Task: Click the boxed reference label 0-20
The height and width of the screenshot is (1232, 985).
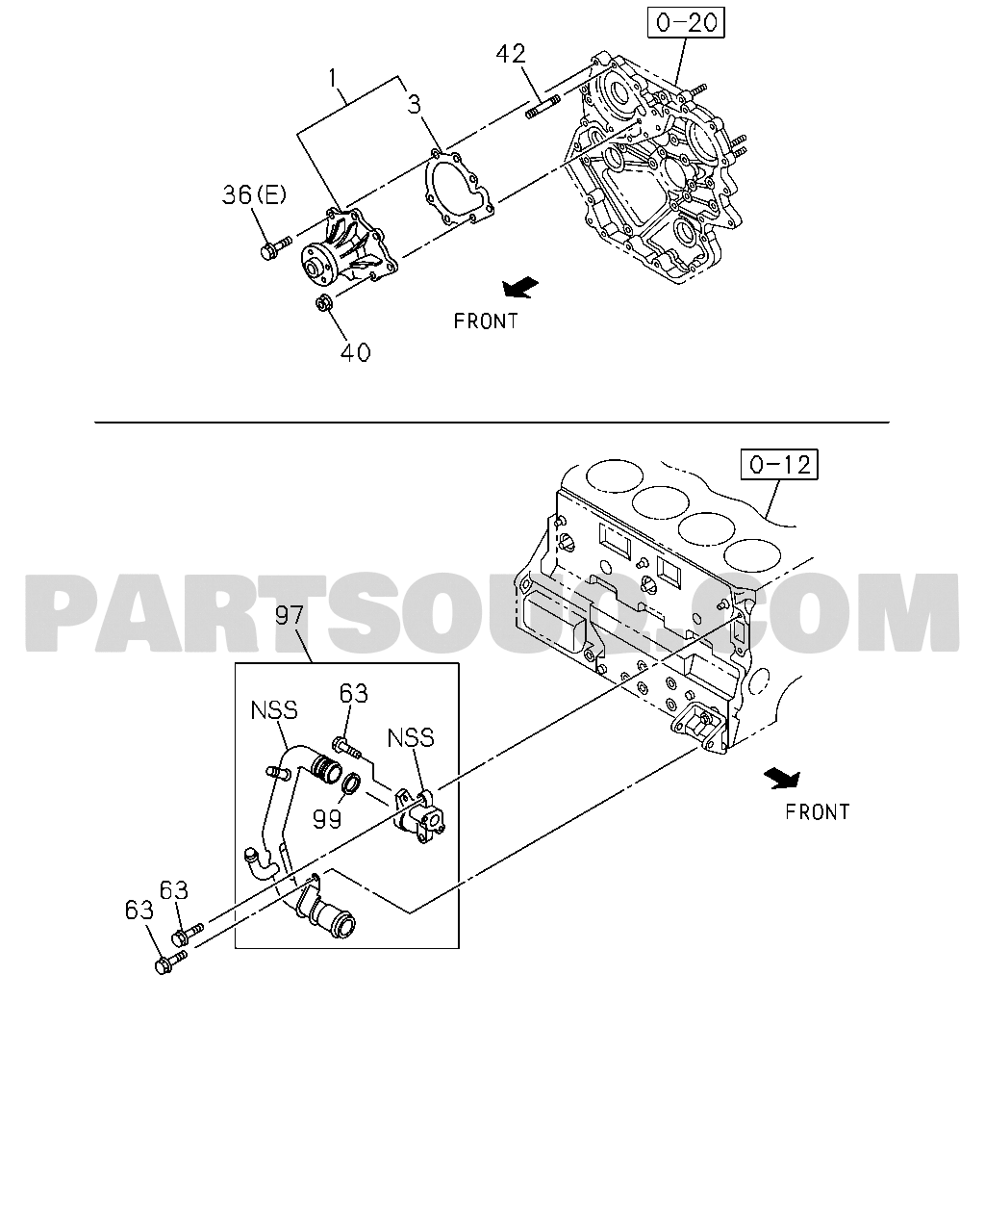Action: (x=686, y=22)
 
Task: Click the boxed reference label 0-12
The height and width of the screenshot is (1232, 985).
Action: (x=779, y=464)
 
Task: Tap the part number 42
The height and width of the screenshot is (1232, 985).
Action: (x=511, y=55)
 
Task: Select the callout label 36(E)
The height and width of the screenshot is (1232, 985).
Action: (x=254, y=195)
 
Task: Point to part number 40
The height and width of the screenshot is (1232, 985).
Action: (x=355, y=352)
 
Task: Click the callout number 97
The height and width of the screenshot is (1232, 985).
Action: (x=290, y=615)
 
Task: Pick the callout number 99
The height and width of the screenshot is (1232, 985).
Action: (x=327, y=819)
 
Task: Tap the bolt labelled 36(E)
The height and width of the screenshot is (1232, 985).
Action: (x=276, y=248)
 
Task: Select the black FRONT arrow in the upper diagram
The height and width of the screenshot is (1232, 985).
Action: (x=520, y=287)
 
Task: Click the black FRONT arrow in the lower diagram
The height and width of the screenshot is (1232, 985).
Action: (x=782, y=778)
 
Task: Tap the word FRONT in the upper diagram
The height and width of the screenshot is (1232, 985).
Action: (x=486, y=321)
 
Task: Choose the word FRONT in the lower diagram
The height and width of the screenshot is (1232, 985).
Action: (x=818, y=811)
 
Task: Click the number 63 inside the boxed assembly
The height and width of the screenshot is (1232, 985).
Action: (x=354, y=693)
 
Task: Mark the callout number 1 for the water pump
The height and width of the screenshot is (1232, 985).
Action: (x=333, y=78)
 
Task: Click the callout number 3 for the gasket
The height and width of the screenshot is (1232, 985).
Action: (x=414, y=104)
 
